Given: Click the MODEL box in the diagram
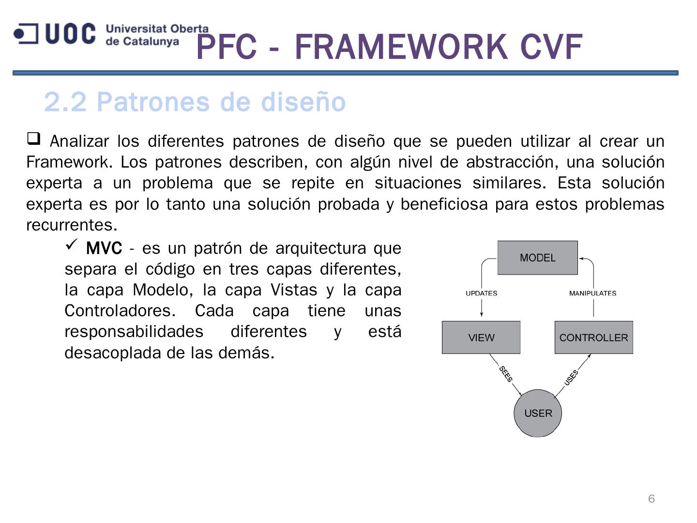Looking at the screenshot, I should click(x=537, y=258).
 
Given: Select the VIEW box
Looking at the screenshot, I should click(x=481, y=338).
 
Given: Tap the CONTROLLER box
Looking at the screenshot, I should click(x=593, y=338).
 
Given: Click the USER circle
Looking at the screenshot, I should click(x=538, y=413).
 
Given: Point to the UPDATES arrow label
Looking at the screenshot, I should click(x=481, y=293).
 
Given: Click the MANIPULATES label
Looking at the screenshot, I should click(x=592, y=293).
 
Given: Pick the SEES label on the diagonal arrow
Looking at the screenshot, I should click(x=506, y=374).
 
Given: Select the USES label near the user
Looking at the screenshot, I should click(x=572, y=377).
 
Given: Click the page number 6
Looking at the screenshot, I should click(x=652, y=499).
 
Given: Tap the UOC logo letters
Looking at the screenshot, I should click(x=70, y=34).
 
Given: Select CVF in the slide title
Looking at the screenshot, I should click(x=551, y=47).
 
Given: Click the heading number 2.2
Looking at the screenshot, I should click(x=65, y=102).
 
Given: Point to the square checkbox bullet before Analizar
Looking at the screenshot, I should click(x=33, y=139).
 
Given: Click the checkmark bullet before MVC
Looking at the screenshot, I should click(x=72, y=245).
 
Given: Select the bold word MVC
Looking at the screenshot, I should click(x=104, y=248).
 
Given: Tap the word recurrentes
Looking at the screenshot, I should click(x=72, y=225).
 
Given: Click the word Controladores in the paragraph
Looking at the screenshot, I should click(x=120, y=311).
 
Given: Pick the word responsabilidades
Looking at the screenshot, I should click(x=134, y=332).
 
